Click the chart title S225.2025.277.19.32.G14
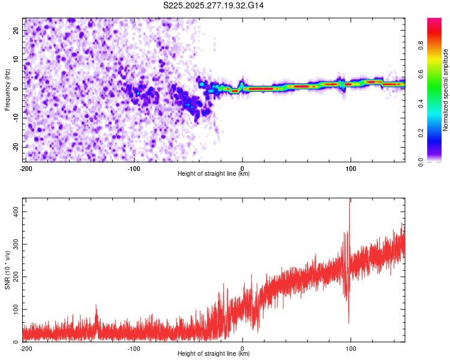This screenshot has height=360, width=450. coord(214,5)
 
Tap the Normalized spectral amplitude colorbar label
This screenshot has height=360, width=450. coord(446,89)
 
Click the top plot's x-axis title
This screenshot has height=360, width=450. coord(214,174)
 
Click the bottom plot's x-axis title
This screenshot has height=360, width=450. coord(214,354)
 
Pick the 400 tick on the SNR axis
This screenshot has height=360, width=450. coord(14,212)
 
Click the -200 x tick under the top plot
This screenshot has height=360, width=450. coord(26,168)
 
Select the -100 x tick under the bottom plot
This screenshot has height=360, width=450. coord(134,348)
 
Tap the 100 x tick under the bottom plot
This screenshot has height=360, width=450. coord(350,348)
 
